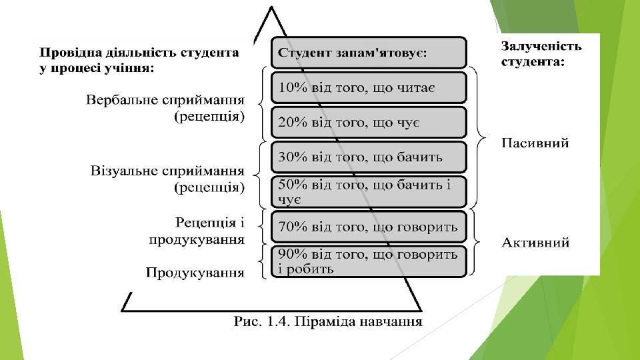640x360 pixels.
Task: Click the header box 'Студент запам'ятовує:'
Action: (368, 52)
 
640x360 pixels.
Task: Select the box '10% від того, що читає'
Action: (368, 88)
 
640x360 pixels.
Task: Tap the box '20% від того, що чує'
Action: (368, 123)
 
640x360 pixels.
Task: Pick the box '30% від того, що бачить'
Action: (368, 157)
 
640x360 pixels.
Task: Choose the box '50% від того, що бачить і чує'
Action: (368, 191)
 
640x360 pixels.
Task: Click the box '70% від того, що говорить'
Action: (368, 227)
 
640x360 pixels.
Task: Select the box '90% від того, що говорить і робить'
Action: (368, 261)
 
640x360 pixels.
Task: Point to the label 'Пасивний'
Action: (535, 143)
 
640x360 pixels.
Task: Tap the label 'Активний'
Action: (535, 243)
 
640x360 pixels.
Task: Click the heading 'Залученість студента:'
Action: (541, 54)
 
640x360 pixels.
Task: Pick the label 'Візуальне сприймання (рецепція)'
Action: (167, 179)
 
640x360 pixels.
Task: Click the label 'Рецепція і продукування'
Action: (196, 229)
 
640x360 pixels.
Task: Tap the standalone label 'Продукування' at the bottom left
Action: (195, 273)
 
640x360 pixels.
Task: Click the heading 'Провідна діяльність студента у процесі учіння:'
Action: (139, 59)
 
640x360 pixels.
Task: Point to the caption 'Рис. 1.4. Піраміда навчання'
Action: (329, 322)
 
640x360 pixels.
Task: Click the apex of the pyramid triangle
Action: (271, 9)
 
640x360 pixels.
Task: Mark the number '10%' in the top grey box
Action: (292, 88)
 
